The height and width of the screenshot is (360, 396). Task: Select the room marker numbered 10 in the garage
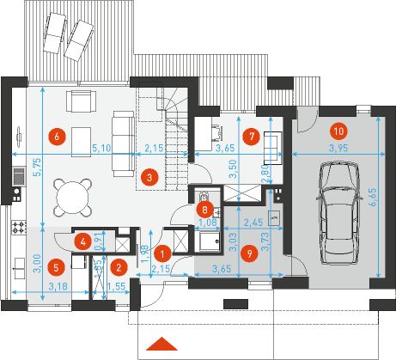(x=337, y=131)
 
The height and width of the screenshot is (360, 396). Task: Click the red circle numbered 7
(x=250, y=136)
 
